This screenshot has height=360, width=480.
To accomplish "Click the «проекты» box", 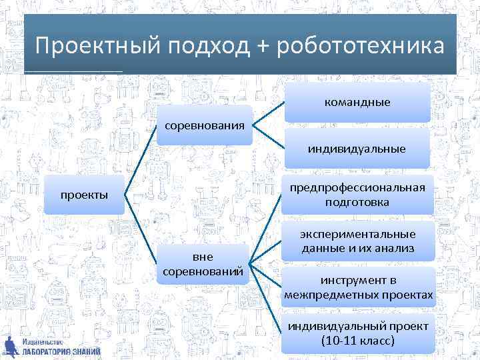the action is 84,195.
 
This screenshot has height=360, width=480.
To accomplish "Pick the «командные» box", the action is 357,103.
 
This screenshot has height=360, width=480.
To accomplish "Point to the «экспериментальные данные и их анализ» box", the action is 357,241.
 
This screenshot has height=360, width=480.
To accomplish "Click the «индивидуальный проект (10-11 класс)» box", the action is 357,333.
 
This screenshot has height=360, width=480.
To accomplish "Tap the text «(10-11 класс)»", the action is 357,340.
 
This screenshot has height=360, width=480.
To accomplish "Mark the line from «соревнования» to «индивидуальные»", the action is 269,137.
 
